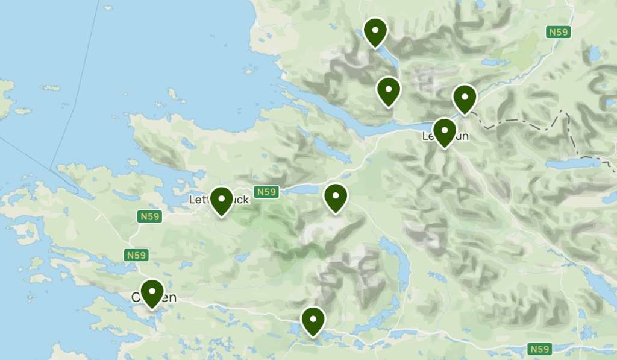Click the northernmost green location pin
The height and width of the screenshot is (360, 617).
[x=375, y=31]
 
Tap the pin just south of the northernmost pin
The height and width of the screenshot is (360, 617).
[x=389, y=90]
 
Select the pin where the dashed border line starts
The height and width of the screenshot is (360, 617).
[x=465, y=98]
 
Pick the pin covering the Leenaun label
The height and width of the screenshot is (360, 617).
[x=445, y=131]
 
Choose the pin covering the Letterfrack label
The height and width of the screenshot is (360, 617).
[x=222, y=200]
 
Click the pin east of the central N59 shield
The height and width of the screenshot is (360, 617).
[x=335, y=197]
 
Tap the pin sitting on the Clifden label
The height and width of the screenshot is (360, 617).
[x=152, y=293]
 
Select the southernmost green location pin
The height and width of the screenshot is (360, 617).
[x=313, y=320]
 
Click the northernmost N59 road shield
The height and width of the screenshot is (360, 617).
[x=558, y=32]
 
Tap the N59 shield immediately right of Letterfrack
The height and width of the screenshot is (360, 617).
[x=266, y=192]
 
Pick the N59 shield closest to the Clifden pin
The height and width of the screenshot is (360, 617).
[x=137, y=255]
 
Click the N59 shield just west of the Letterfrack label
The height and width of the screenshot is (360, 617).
[x=148, y=216]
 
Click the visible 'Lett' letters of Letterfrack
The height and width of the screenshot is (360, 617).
[x=198, y=199]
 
